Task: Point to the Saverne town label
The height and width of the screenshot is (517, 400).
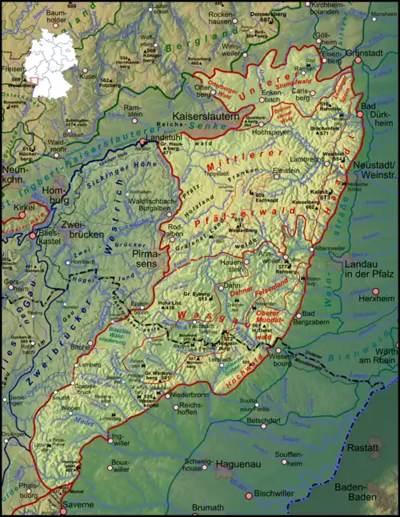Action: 79,505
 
